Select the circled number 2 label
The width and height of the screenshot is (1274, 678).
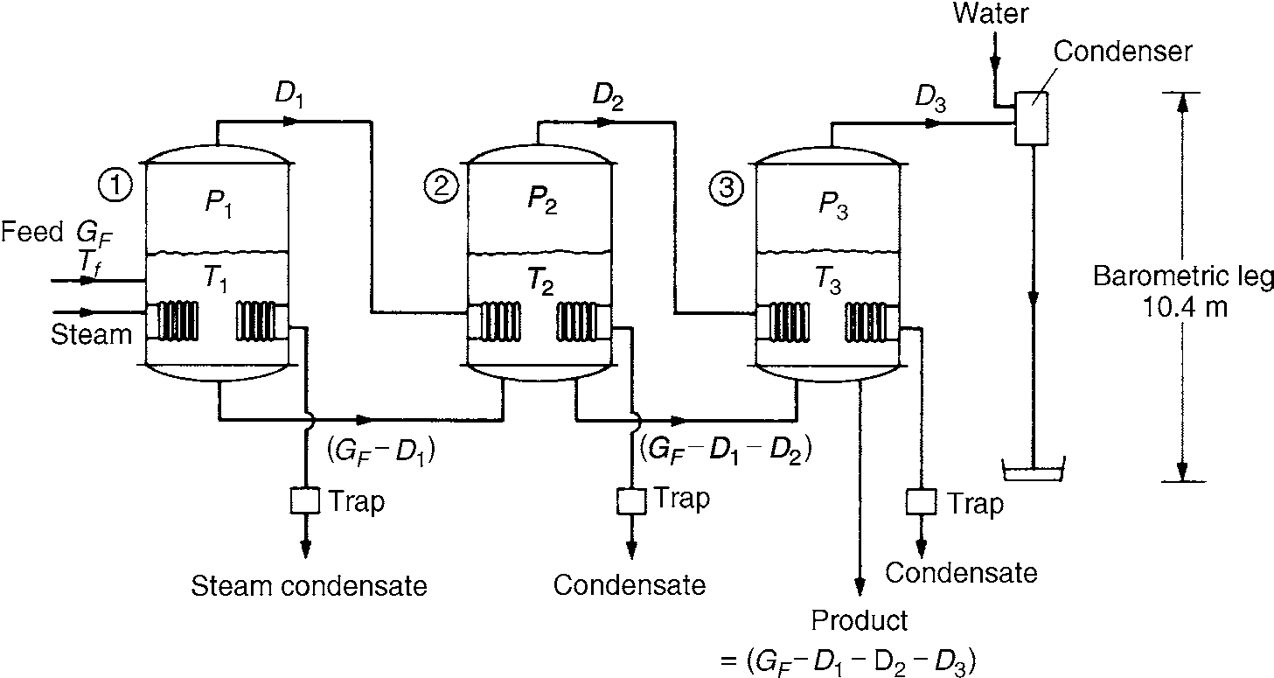pyautogui.click(x=439, y=186)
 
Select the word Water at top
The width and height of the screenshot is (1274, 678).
pyautogui.click(x=992, y=13)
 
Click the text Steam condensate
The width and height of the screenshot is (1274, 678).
pyautogui.click(x=310, y=585)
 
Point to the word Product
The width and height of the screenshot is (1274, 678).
pyautogui.click(x=860, y=620)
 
